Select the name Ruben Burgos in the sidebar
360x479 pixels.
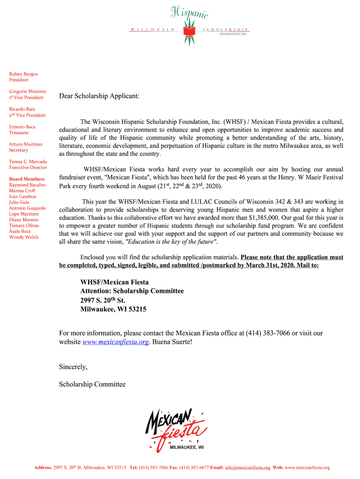(23, 74)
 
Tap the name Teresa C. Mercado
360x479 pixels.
(28, 161)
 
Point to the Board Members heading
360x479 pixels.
(27, 179)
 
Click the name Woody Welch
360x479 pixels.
(24, 237)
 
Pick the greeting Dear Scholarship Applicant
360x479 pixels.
(99, 96)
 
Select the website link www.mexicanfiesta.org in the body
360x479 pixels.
(115, 342)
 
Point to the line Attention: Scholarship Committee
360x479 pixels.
(132, 291)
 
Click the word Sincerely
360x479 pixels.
(73, 367)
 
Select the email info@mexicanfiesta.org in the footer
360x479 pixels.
(247, 467)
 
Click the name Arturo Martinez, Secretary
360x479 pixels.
(26, 144)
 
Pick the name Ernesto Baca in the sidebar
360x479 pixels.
(22, 127)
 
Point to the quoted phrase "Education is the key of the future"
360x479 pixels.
(172, 242)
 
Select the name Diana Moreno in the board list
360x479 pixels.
(24, 219)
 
